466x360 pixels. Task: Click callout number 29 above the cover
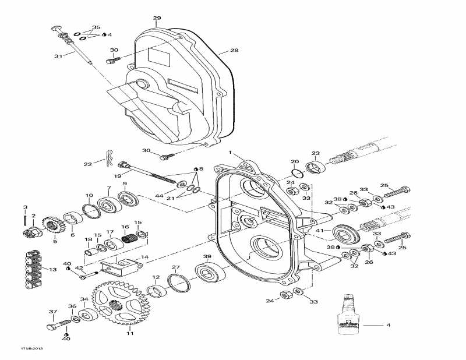(x=157, y=19)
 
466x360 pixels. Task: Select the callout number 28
(x=234, y=51)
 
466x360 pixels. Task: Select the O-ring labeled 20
(x=297, y=173)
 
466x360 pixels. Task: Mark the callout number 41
(x=319, y=231)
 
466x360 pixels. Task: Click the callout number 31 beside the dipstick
(x=58, y=56)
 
